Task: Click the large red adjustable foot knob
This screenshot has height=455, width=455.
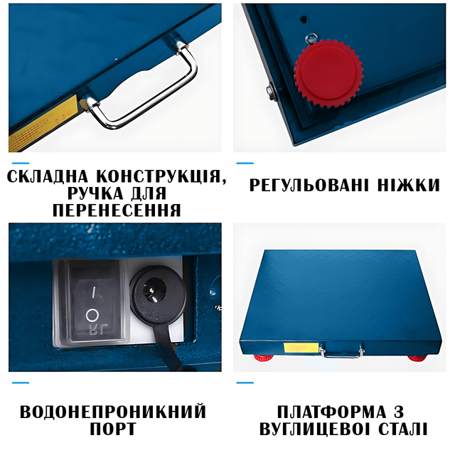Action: pos(328,73)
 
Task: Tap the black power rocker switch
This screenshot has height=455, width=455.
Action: pos(94,301)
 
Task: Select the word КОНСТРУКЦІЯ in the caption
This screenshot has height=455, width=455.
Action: pos(161,176)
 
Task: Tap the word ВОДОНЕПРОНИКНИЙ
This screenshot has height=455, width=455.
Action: pos(113,411)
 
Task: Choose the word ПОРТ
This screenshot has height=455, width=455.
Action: pos(113,429)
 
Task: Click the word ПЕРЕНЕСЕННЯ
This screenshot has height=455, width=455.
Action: pos(117,210)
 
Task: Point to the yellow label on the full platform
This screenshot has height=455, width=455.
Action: pos(301,348)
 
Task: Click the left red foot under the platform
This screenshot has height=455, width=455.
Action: pos(264,358)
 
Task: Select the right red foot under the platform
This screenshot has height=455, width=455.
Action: pos(417,358)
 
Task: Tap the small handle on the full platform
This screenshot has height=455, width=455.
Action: pos(342,352)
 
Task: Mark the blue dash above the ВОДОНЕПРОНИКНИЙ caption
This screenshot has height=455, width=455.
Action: pos(21,382)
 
